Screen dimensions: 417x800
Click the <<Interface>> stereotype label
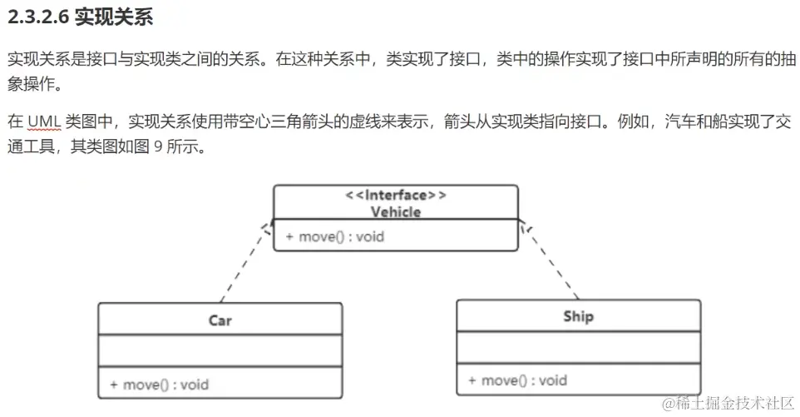click(396, 196)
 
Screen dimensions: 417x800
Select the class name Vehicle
click(396, 211)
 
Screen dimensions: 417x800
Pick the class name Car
click(220, 320)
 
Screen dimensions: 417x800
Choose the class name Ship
click(578, 316)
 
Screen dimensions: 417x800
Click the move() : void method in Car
click(159, 385)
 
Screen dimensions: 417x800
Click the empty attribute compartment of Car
click(220, 350)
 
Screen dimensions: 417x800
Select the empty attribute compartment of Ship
click(578, 347)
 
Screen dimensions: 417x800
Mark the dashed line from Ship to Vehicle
click(551, 262)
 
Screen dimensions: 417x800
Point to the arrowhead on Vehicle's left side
click(267, 228)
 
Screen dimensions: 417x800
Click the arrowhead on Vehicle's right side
click(524, 226)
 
